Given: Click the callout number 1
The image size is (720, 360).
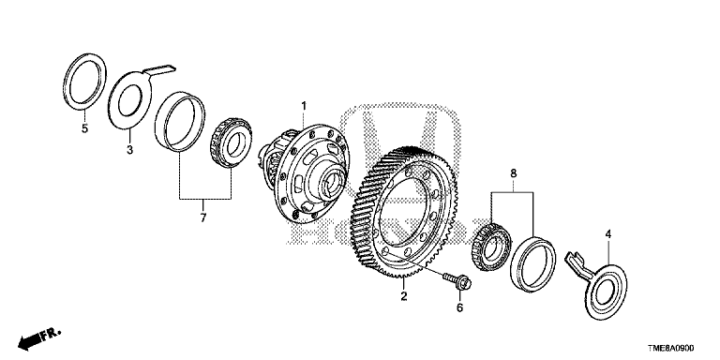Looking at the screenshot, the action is pos(304,107).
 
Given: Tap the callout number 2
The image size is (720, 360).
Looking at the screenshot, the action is pos(404,296).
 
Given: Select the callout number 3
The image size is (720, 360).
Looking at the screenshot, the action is pos(130,150).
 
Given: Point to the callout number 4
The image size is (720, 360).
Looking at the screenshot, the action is pos(607,234).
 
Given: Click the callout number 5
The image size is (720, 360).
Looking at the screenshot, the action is pos(84,128).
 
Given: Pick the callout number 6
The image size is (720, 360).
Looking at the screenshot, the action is pos(459,307).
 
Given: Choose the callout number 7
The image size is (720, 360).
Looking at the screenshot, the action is pos(203,217).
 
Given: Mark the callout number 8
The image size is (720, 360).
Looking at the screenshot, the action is pos(513,173).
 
